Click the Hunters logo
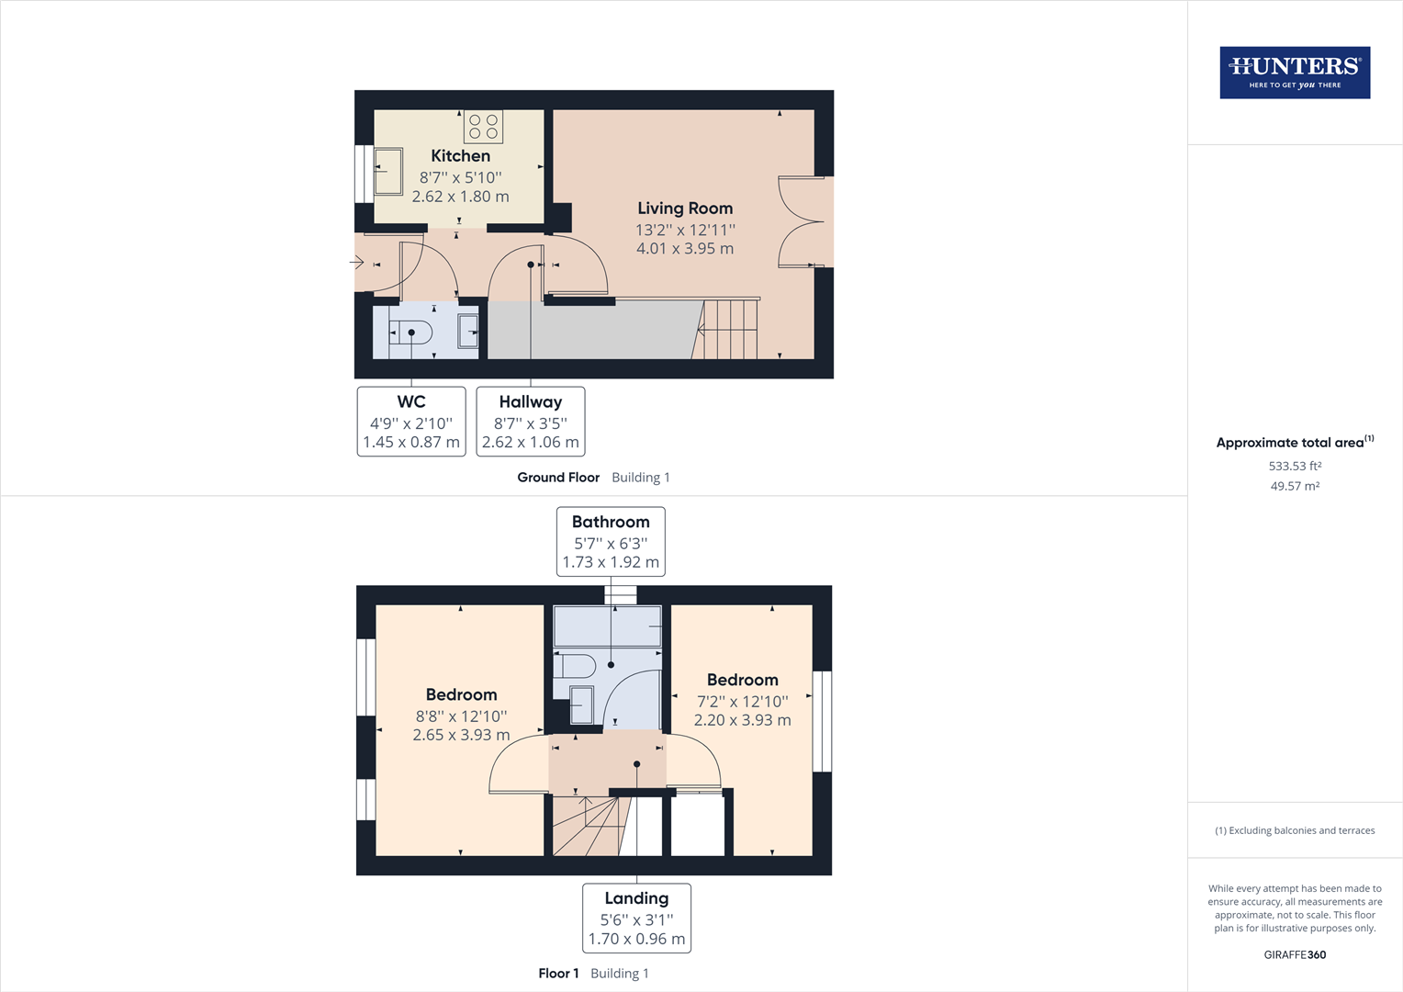click(x=1295, y=73)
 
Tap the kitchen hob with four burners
click(x=483, y=127)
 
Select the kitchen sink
click(x=388, y=172)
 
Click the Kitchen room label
click(x=460, y=156)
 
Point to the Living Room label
click(x=685, y=209)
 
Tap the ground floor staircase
click(x=730, y=329)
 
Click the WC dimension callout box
click(x=411, y=422)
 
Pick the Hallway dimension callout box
click(x=531, y=422)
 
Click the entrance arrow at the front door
click(x=357, y=263)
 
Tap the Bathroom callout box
click(x=611, y=542)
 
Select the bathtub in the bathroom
click(x=608, y=626)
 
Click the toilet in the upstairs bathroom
click(x=575, y=665)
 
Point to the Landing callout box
click(x=636, y=919)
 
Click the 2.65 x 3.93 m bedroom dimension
click(x=461, y=735)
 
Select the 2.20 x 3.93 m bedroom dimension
click(x=742, y=720)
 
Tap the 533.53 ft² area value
click(x=1295, y=466)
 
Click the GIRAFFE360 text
click(x=1295, y=954)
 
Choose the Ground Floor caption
click(x=558, y=478)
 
